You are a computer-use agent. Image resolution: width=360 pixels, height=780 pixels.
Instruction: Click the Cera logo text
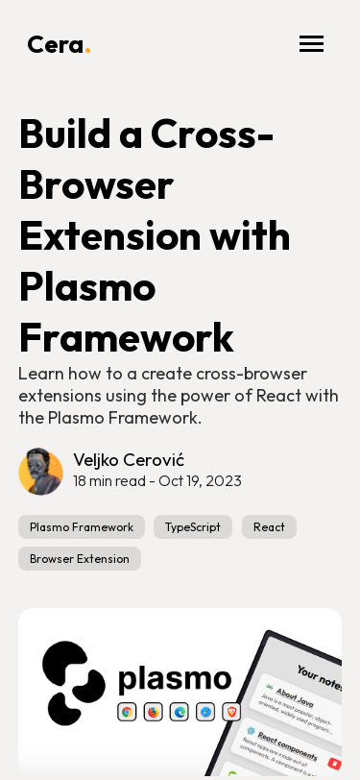(55, 44)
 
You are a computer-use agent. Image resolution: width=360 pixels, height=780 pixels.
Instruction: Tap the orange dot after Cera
(87, 51)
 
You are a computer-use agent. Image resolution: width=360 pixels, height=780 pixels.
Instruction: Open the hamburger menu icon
(311, 44)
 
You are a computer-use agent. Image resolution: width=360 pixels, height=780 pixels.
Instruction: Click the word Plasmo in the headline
(86, 286)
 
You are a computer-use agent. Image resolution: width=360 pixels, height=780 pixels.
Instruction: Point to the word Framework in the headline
(126, 337)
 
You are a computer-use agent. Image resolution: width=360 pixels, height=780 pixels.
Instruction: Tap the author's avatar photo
(40, 472)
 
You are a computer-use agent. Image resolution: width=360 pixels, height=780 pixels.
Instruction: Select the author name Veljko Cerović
(129, 459)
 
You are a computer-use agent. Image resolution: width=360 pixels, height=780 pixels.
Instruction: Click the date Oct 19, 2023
(200, 481)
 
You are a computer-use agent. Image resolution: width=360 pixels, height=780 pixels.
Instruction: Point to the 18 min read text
(108, 481)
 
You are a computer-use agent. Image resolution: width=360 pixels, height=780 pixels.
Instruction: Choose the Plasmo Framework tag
(82, 527)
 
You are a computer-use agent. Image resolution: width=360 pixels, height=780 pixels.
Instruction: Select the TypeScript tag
(193, 527)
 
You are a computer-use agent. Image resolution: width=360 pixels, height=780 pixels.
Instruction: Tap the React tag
(269, 527)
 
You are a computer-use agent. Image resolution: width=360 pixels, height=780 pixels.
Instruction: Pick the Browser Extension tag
(80, 559)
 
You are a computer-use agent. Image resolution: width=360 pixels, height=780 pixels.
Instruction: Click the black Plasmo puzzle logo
(73, 683)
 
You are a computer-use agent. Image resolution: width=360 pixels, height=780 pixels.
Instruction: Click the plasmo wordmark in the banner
(175, 678)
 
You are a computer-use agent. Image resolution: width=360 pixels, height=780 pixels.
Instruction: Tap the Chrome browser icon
(127, 712)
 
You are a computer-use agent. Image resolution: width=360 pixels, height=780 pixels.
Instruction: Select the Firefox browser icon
(154, 712)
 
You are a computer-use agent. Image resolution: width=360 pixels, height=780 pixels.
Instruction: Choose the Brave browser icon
(231, 712)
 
